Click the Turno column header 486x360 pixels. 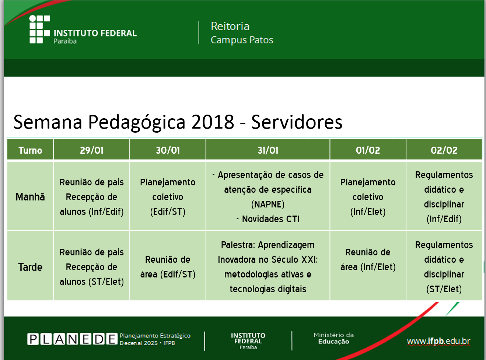[x=30, y=150]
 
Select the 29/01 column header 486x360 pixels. [x=92, y=150]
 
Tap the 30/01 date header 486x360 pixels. [x=168, y=150]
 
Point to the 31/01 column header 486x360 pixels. [x=268, y=150]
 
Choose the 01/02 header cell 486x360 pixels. [x=368, y=150]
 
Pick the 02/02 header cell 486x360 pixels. [x=444, y=150]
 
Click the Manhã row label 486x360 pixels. [x=30, y=197]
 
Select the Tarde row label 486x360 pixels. [x=30, y=267]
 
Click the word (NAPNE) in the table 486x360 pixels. [x=268, y=205]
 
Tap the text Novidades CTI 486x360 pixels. [x=270, y=219]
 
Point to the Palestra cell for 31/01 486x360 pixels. [x=268, y=267]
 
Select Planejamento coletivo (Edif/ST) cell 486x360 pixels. [x=168, y=197]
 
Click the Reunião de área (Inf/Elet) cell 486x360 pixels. [x=368, y=259]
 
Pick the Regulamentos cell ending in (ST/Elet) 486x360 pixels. [x=444, y=267]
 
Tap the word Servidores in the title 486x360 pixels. [x=297, y=122]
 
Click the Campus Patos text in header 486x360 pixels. [x=242, y=40]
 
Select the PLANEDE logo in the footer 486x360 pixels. [x=72, y=339]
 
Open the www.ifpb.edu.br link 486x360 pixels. [x=438, y=341]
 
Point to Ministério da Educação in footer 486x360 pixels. [x=333, y=338]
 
